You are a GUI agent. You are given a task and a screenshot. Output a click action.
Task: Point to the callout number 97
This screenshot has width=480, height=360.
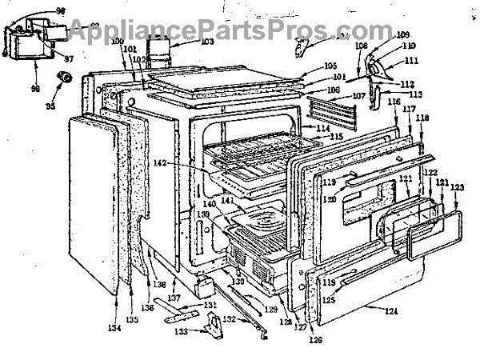(x=68, y=58)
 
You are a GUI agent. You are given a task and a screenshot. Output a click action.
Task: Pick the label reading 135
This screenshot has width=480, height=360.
(x=132, y=321)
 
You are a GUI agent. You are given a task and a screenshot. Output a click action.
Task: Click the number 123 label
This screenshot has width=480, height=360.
(x=456, y=188)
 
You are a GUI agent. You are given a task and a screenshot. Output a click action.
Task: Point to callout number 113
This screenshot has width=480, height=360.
(x=416, y=94)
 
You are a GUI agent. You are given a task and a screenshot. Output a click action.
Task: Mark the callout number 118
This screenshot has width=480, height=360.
(x=422, y=119)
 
